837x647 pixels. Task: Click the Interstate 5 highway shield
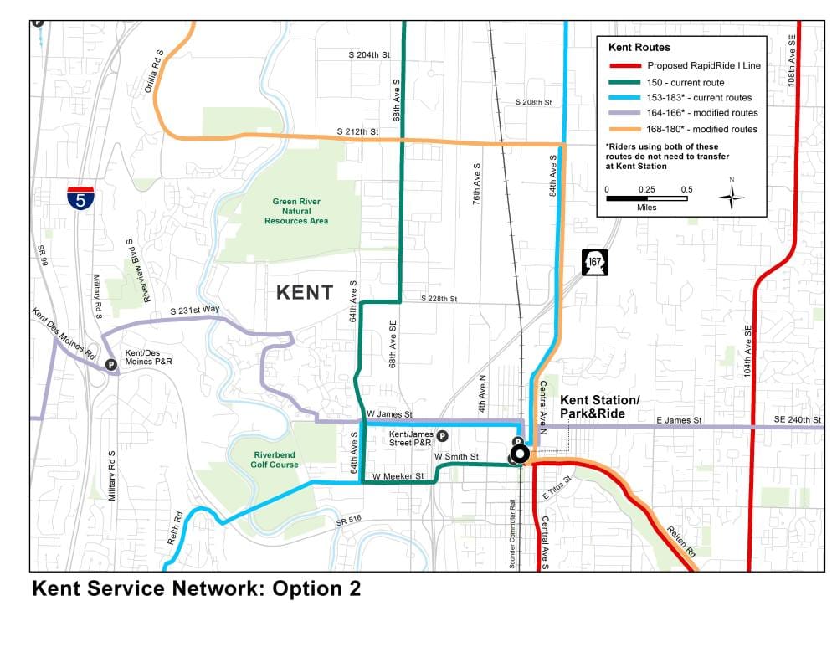tap(80, 197)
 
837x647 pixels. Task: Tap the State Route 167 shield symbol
tap(594, 262)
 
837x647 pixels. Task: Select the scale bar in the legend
tap(646, 198)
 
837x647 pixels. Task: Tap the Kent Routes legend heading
tap(639, 48)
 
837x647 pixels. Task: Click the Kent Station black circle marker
tap(519, 454)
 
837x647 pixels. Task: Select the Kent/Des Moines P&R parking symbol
tap(110, 364)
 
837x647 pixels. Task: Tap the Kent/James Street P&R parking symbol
tap(442, 435)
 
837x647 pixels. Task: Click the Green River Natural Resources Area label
tap(296, 211)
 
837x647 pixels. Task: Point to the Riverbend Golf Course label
tap(275, 460)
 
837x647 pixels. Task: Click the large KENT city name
tap(305, 293)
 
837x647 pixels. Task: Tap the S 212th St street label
tap(357, 131)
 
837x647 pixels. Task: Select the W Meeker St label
tap(398, 475)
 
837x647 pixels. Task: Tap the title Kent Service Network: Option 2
tap(196, 588)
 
